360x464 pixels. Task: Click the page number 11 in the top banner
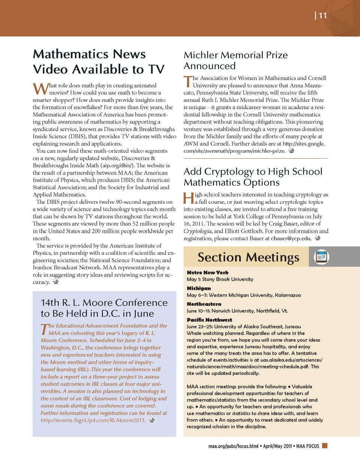323,15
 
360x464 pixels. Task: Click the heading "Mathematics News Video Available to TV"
99,62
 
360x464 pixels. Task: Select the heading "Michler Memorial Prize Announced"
235,60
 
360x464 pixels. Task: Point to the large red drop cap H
189,198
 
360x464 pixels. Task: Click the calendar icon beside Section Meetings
321,257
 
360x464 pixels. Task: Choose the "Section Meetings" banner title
248,257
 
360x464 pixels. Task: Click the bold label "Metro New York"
207,273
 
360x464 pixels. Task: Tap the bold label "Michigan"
199,288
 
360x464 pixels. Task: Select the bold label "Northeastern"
204,304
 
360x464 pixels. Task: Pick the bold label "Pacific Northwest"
209,320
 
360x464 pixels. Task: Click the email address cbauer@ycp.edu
291,239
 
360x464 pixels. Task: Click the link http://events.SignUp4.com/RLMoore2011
93,420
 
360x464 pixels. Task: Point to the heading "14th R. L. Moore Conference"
104,303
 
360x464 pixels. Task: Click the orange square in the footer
325,446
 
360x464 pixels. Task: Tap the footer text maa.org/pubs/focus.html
233,446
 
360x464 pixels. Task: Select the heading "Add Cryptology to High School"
253,172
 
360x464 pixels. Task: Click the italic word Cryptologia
197,231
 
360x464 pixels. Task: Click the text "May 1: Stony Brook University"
220,279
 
